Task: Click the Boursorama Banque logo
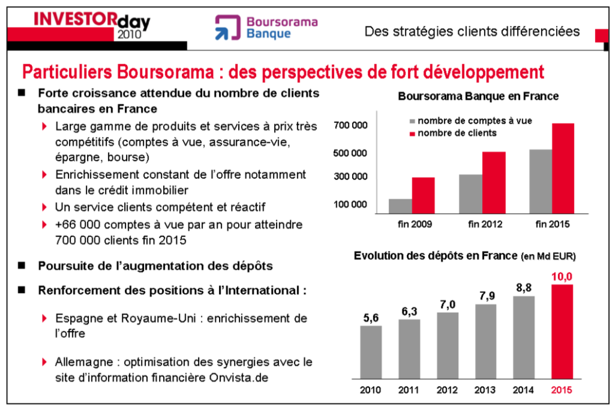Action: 266,28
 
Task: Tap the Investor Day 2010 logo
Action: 91,25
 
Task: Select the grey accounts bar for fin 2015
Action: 540,181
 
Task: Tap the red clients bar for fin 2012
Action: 494,182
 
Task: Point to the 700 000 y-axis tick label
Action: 350,125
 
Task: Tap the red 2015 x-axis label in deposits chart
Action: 562,390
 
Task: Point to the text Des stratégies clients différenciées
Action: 472,31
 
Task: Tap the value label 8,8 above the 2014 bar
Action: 524,288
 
